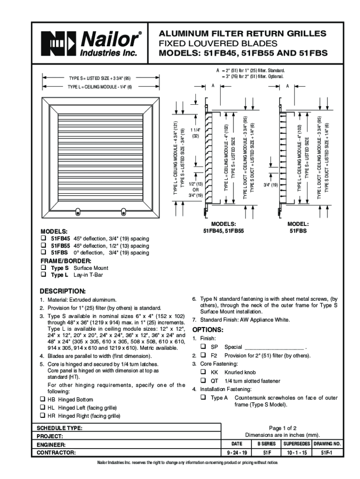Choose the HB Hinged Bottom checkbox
pyautogui.click(x=42, y=399)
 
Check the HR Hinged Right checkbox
pyautogui.click(x=42, y=415)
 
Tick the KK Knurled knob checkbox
pyautogui.click(x=203, y=372)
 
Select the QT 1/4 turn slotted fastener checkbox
pyautogui.click(x=203, y=380)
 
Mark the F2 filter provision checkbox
pyautogui.click(x=203, y=356)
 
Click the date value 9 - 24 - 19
pyautogui.click(x=237, y=453)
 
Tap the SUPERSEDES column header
pyautogui.click(x=297, y=443)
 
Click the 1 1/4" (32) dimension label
pyautogui.click(x=196, y=133)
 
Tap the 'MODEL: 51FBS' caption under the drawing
pyautogui.click(x=298, y=227)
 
